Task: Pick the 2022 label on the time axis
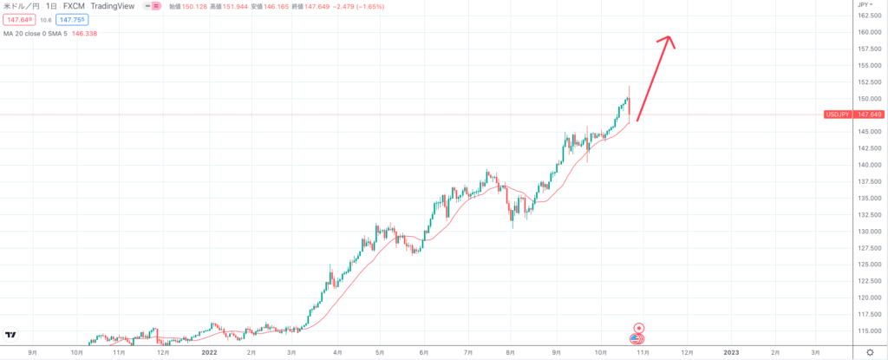tap(208, 352)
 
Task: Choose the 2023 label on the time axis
tap(731, 352)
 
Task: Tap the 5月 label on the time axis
tap(380, 352)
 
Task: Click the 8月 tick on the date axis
tap(511, 352)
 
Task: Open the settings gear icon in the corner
tap(870, 352)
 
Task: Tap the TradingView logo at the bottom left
tap(11, 335)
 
